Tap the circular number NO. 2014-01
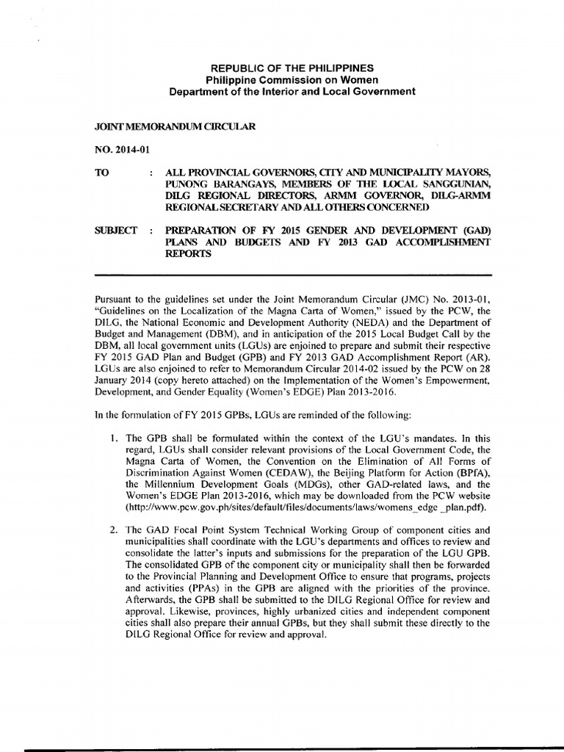click(122, 149)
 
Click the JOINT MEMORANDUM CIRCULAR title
click(176, 126)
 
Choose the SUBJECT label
click(117, 231)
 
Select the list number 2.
click(114, 529)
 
